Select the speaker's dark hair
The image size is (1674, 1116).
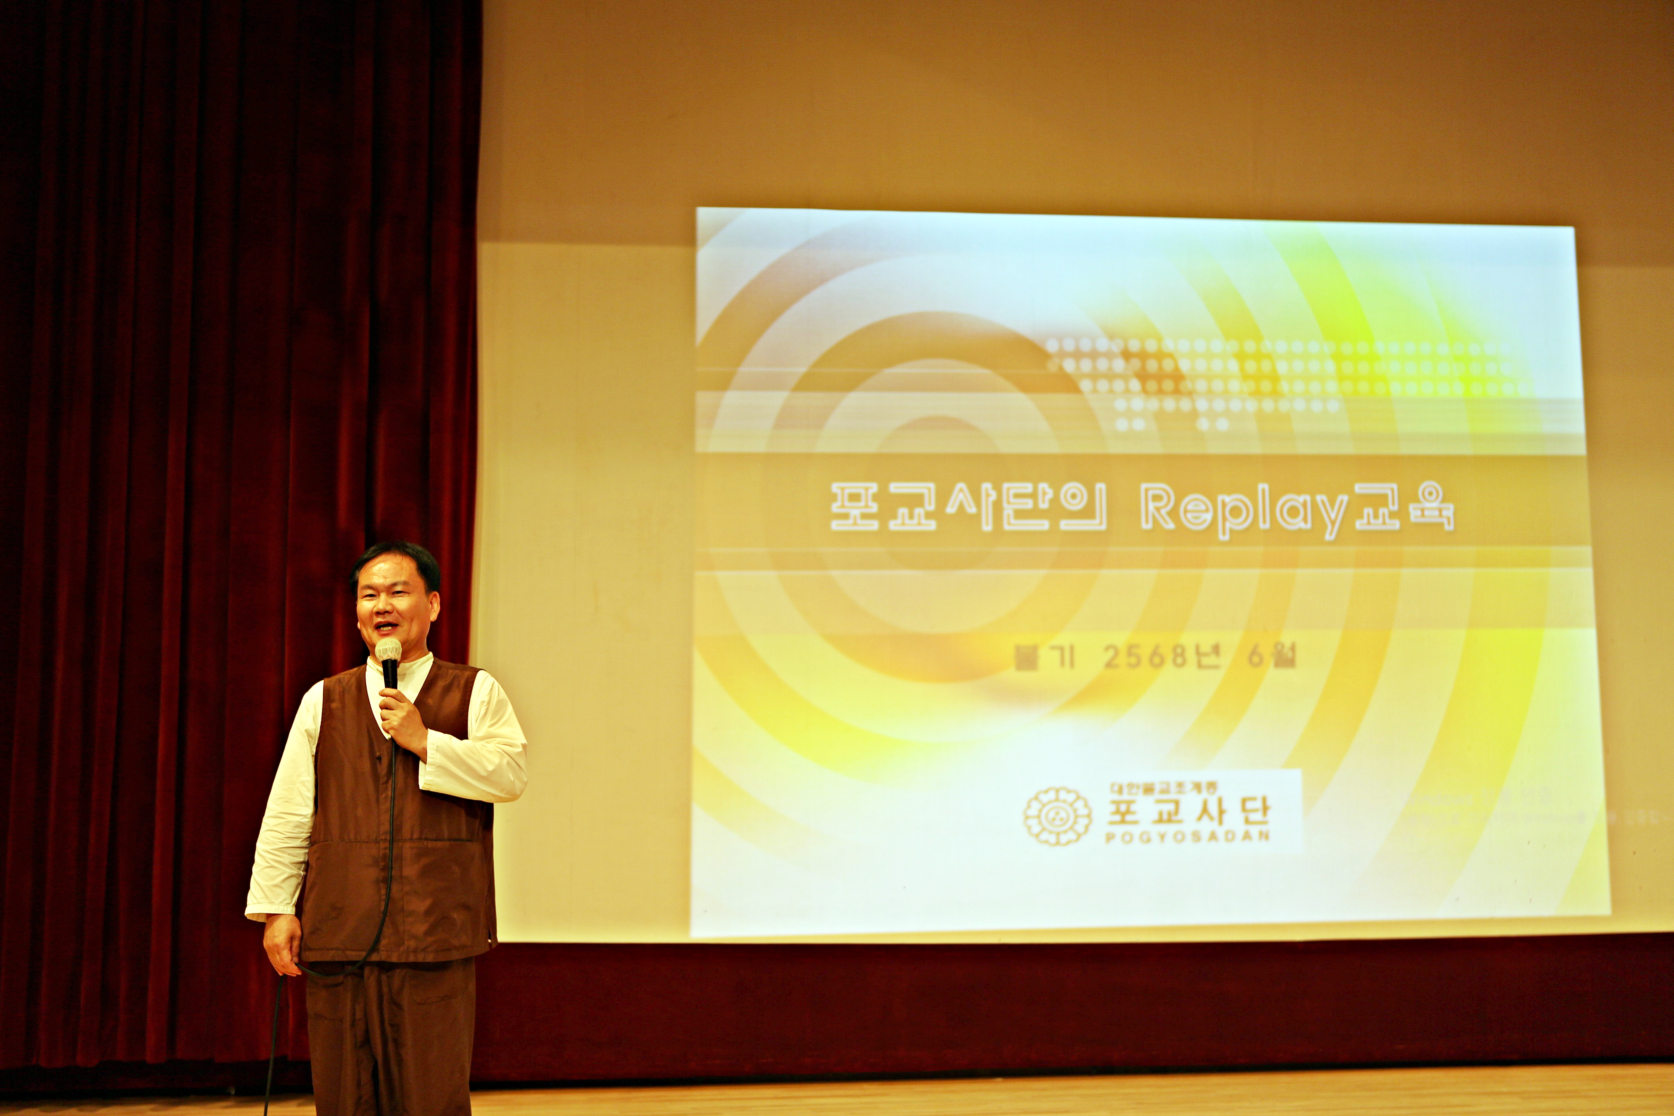(395, 559)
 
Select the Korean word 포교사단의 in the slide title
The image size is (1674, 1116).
(968, 507)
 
